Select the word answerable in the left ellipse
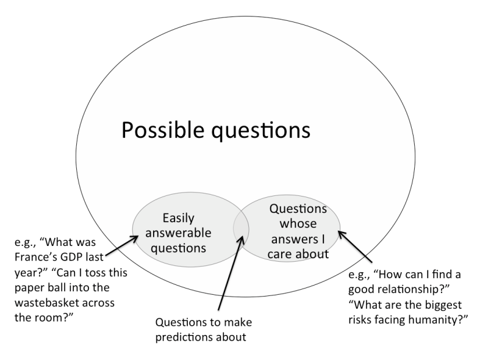point(178,233)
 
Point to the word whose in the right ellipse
point(299,225)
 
